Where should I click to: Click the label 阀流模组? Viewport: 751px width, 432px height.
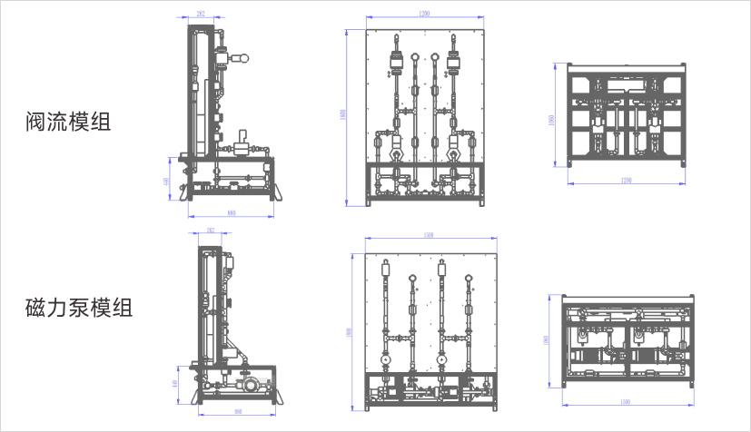coord(68,122)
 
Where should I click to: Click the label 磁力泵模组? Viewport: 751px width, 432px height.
coord(79,308)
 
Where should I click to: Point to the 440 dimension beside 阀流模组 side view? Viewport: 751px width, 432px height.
coord(166,181)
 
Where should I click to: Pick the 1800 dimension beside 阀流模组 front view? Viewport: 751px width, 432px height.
coord(343,115)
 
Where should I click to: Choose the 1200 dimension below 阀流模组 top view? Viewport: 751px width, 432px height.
coord(625,181)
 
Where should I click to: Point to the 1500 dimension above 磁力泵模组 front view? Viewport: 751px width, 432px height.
coord(429,237)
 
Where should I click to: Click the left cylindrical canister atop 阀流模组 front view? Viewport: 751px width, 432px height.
coord(396,64)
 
